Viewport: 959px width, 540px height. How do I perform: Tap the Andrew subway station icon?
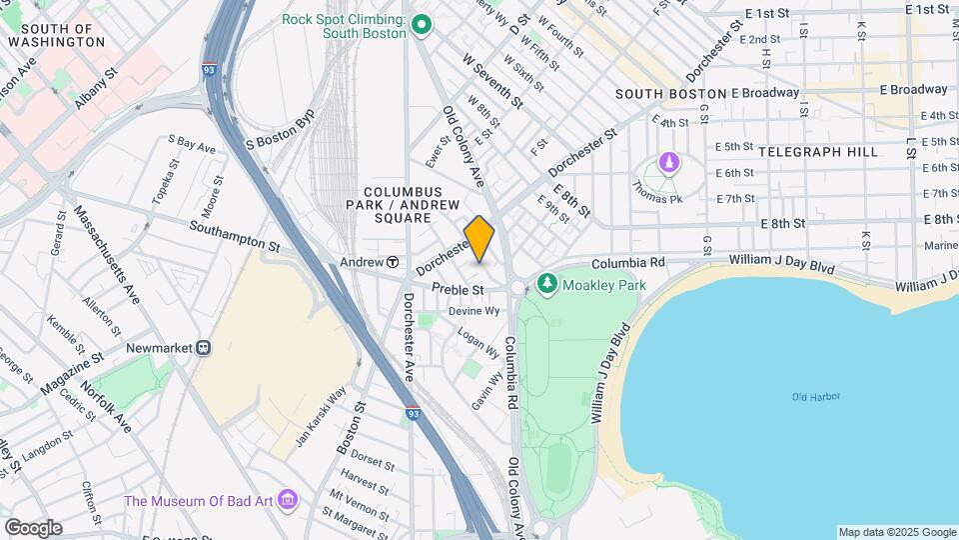pos(394,262)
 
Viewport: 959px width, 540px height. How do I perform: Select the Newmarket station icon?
pos(204,348)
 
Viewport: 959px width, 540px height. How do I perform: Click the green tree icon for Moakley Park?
pos(546,285)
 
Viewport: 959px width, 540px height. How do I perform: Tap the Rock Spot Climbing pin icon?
pos(422,24)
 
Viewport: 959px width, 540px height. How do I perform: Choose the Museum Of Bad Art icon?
pos(289,498)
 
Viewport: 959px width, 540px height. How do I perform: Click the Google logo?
pos(33,527)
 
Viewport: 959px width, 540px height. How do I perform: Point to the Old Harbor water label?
pos(816,397)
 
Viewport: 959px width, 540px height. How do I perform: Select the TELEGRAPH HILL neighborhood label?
pos(818,152)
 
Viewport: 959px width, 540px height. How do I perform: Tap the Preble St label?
pos(458,290)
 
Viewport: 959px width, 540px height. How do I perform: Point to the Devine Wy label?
pos(474,311)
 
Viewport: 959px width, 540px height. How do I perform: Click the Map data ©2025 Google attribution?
pos(897,532)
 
